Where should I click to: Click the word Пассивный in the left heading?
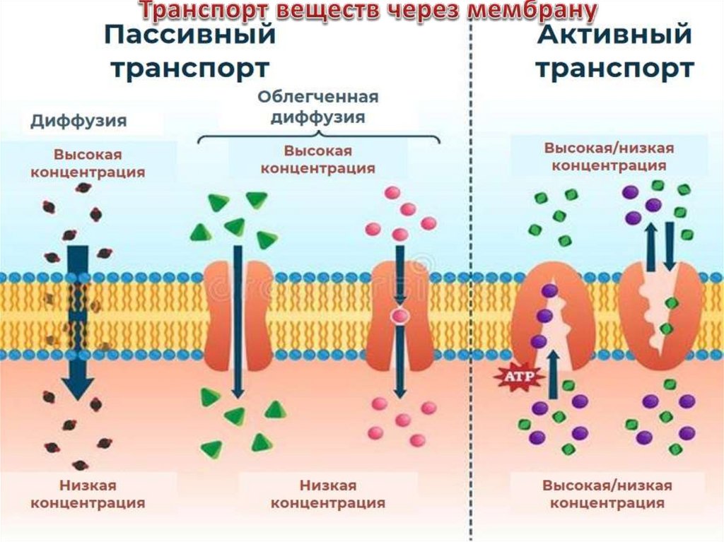[189, 35]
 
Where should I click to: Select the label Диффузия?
[78, 121]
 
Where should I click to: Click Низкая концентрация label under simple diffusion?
[88, 494]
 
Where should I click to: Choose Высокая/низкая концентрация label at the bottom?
[607, 494]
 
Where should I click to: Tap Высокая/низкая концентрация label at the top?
[609, 156]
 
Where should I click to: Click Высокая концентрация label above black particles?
[88, 163]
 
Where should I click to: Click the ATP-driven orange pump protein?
[551, 318]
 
